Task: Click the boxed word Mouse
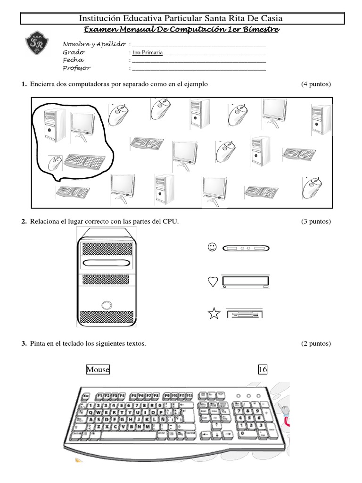tap(98, 370)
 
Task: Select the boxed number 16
tap(263, 370)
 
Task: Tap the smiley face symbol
tap(212, 247)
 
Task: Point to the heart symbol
tap(213, 282)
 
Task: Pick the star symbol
tap(214, 313)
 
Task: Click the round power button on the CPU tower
tap(106, 304)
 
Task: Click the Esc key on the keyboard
tap(86, 396)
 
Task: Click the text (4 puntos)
tap(316, 84)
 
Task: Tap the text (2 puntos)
tap(316, 343)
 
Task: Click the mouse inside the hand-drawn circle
tap(55, 163)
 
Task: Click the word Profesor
tap(76, 68)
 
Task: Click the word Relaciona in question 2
tap(44, 221)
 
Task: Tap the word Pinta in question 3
tap(38, 343)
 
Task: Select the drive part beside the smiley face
tap(245, 248)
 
